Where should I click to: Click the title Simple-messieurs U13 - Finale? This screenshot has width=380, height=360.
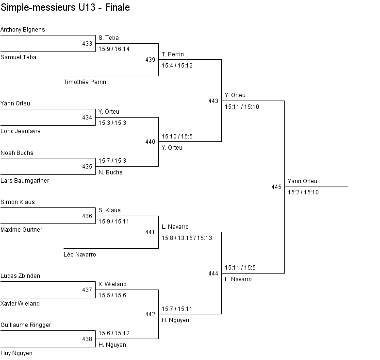[65, 8]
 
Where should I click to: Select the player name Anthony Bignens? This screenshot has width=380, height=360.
[22, 30]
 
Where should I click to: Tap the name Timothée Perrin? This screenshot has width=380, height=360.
[85, 82]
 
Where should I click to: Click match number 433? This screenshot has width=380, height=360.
[87, 44]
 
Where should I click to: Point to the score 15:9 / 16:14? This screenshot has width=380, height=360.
[114, 49]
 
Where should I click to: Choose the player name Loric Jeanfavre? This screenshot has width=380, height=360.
[20, 131]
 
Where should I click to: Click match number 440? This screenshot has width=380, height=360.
[150, 142]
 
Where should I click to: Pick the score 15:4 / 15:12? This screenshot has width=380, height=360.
[177, 66]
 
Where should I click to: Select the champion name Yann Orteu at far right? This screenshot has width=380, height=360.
[303, 181]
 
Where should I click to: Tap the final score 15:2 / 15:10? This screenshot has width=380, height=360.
[303, 192]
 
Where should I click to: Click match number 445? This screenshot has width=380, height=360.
[276, 187]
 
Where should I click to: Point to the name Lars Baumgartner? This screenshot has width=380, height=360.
[25, 181]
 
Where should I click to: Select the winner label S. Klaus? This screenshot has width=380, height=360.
[109, 210]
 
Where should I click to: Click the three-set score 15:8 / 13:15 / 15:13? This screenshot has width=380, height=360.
[187, 238]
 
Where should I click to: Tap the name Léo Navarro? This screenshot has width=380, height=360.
[80, 255]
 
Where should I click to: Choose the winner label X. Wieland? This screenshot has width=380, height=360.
[112, 284]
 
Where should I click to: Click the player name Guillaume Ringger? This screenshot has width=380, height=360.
[26, 325]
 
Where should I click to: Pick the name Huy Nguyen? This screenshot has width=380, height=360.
[17, 353]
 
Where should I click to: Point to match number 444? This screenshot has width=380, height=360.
[213, 274]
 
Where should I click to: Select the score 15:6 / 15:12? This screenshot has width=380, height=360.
[114, 333]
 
